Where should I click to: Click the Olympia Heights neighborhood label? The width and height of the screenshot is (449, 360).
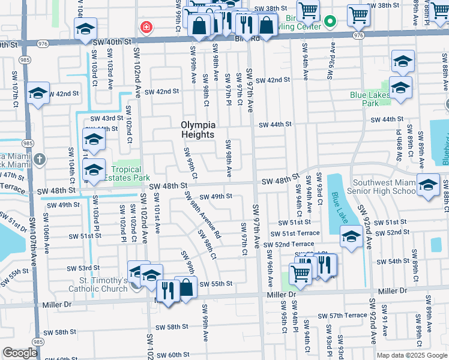[197, 130]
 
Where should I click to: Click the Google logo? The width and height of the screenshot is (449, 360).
[19, 353]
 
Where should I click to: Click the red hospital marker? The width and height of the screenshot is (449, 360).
[145, 27]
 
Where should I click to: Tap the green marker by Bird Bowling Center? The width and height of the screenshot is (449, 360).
[330, 22]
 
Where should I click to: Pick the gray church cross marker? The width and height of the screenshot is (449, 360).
[40, 159]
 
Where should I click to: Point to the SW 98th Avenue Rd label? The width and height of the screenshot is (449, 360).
[202, 215]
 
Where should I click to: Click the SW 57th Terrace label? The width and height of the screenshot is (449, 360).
[342, 315]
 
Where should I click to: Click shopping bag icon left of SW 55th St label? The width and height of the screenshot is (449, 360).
[187, 287]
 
